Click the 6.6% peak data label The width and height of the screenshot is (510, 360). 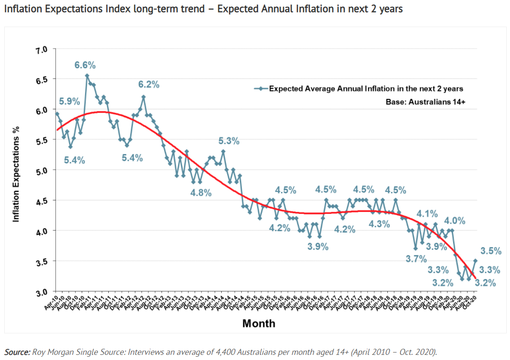[x=85, y=65]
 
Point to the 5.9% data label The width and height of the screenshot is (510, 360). [x=70, y=101]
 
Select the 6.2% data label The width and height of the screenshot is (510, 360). [x=149, y=85]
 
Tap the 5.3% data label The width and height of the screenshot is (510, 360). [x=229, y=141]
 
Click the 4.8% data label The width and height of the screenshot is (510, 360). [x=201, y=192]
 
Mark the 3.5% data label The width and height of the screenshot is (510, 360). [x=491, y=251]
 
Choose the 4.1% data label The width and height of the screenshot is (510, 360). [x=427, y=214]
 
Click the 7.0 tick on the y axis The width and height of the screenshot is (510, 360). [x=42, y=49]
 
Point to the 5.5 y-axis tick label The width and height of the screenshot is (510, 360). [x=42, y=140]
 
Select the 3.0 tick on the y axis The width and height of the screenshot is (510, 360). [x=42, y=292]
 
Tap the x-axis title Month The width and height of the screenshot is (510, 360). [x=258, y=323]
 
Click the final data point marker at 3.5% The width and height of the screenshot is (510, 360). [x=475, y=261]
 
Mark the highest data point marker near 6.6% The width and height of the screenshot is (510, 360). [x=87, y=76]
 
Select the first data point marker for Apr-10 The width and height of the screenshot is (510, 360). [x=57, y=113]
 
